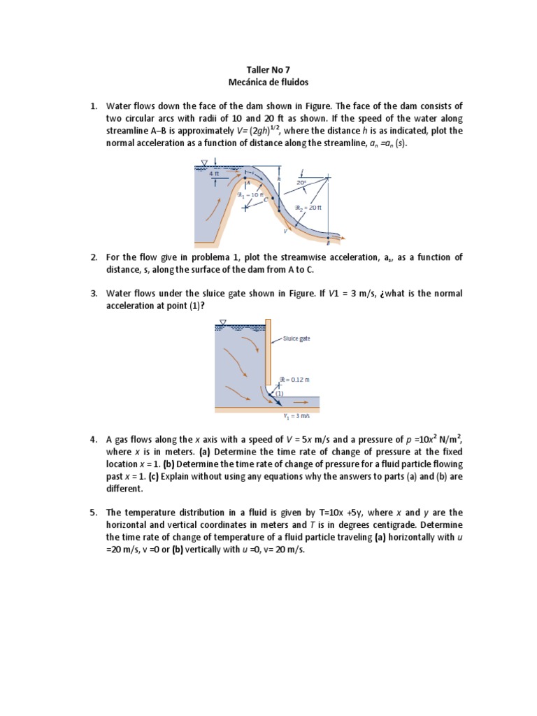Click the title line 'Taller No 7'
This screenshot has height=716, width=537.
(x=268, y=71)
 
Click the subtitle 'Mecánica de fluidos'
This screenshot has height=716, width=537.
(x=268, y=83)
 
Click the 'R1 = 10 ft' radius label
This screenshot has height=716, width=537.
(x=250, y=196)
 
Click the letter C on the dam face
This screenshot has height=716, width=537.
(x=266, y=199)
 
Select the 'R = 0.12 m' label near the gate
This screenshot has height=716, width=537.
(x=294, y=380)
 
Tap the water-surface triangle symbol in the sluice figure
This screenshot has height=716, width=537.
(x=222, y=322)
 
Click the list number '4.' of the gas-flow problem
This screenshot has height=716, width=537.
(x=93, y=440)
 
